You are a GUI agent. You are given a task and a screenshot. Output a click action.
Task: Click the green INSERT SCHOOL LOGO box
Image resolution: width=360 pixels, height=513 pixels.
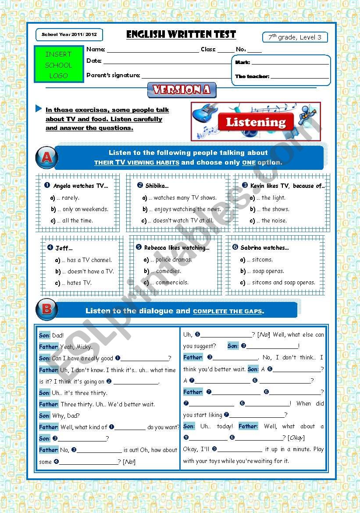(x=59, y=65)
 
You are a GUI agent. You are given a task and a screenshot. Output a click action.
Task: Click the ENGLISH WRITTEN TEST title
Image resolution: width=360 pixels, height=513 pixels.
(x=181, y=35)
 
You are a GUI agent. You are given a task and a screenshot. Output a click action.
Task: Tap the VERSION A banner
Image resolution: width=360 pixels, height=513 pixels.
(x=182, y=90)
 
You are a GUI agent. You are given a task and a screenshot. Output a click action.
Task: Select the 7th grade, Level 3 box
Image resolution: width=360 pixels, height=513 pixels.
(x=295, y=37)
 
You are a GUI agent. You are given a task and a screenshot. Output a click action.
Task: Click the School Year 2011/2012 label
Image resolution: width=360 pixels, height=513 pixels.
(x=69, y=34)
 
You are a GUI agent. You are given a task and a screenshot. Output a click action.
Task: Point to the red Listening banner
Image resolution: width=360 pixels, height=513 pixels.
(x=256, y=122)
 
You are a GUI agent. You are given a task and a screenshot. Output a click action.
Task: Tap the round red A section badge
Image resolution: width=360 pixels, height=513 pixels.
(x=46, y=158)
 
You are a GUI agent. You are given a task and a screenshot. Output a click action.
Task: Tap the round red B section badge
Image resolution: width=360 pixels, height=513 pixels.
(x=46, y=309)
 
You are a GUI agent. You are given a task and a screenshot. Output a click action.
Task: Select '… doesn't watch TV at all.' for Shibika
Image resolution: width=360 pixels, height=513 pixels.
(x=180, y=221)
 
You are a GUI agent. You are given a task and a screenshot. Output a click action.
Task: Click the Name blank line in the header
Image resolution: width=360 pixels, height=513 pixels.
(x=152, y=50)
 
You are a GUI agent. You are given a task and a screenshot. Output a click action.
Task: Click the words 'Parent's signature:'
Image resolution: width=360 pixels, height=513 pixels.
(x=113, y=75)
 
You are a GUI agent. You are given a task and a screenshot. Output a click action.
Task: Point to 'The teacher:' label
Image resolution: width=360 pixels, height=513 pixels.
(x=252, y=76)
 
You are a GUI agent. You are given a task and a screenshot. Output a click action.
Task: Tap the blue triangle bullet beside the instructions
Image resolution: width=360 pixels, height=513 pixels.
(x=39, y=108)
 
